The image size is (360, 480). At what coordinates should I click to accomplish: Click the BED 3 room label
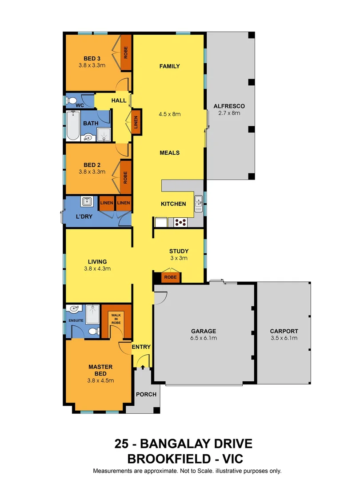tap(92, 58)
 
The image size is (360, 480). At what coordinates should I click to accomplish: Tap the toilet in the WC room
tap(72, 101)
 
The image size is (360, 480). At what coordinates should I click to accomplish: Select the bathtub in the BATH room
tap(72, 126)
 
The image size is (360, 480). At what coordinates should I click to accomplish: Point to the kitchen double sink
tap(198, 204)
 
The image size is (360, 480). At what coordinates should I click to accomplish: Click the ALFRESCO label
tap(229, 106)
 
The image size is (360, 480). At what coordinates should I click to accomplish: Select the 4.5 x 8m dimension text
tap(170, 114)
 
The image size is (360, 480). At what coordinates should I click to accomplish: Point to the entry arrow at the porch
tap(142, 367)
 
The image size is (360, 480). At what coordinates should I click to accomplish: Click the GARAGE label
tap(204, 331)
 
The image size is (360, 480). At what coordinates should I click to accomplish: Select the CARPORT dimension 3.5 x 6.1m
tap(284, 338)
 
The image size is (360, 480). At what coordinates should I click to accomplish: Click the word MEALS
tap(170, 152)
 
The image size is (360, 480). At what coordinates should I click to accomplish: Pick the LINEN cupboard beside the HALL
tap(136, 120)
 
